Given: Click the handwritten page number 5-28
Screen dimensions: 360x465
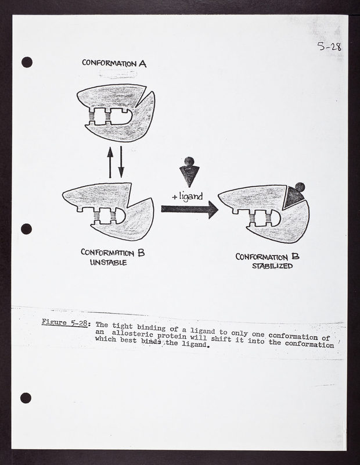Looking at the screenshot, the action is click(x=329, y=46).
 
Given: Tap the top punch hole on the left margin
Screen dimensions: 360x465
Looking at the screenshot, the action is click(x=27, y=62).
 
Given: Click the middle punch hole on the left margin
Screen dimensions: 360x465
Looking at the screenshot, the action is click(x=26, y=229).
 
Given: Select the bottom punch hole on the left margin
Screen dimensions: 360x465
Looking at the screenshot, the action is click(x=26, y=398).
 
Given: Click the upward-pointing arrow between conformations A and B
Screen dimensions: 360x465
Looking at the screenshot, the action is click(x=110, y=162).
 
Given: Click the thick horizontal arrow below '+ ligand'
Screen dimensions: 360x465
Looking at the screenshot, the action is click(x=190, y=209).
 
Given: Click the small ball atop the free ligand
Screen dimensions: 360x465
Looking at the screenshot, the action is click(x=189, y=162).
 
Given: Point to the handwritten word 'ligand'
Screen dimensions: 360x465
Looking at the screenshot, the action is click(x=191, y=197).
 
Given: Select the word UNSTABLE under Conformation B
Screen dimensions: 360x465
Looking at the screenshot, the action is click(x=109, y=263).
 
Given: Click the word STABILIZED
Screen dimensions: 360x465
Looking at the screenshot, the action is click(x=272, y=266).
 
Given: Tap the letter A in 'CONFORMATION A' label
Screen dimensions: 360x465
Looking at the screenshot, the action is click(x=142, y=63).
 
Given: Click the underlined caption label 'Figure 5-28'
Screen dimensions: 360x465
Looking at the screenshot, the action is click(x=64, y=323).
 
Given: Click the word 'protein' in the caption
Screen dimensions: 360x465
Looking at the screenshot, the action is click(x=172, y=336).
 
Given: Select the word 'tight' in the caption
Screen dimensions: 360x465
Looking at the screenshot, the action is click(x=123, y=326).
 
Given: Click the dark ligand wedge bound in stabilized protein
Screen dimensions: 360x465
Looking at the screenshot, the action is click(x=293, y=197).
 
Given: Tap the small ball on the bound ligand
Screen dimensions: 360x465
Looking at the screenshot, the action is click(x=300, y=187).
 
